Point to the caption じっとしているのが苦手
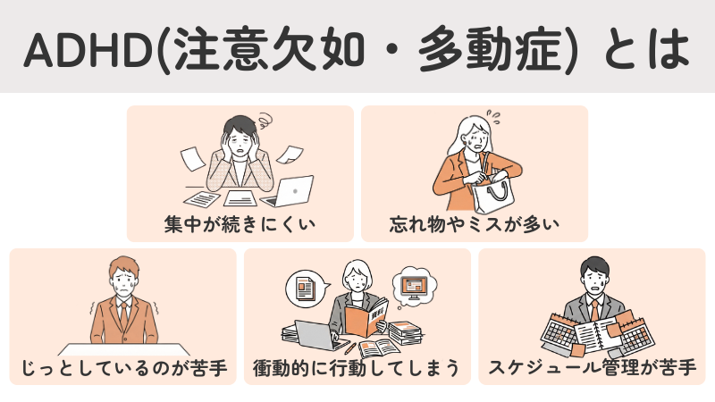(x=122, y=367)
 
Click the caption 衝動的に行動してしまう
(x=357, y=367)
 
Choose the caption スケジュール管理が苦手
(x=593, y=367)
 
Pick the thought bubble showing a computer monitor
(x=414, y=285)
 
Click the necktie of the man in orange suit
(x=122, y=313)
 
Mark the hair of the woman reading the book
(x=357, y=265)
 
